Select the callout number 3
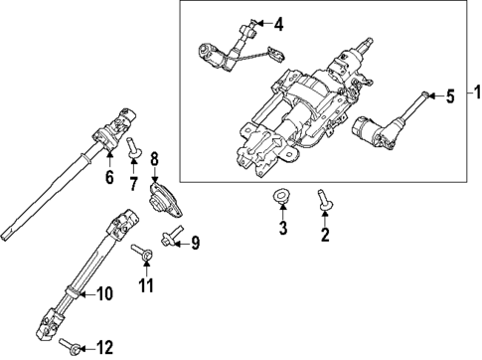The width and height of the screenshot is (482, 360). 282,231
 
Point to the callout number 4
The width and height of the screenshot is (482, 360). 278,23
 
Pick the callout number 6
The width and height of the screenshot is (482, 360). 110,177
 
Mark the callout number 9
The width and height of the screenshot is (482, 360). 195,242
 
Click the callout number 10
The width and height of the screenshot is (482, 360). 104,293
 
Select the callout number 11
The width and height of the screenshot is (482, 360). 147,286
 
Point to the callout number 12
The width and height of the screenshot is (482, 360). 104,347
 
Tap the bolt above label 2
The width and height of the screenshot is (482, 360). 322,201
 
